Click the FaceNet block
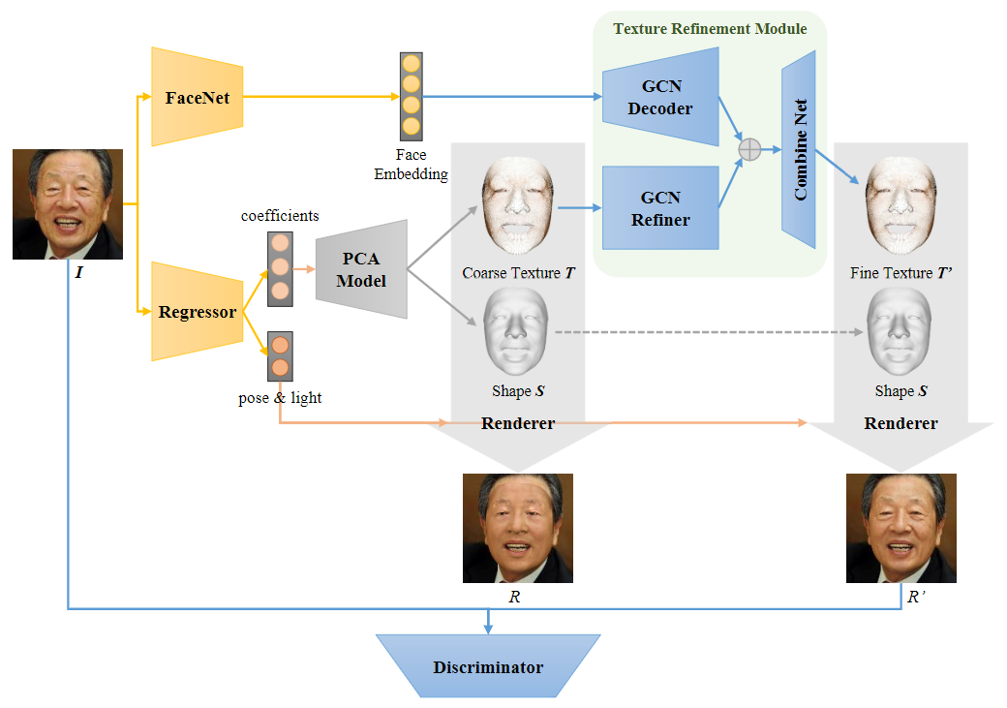tap(197, 97)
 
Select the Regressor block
tap(197, 312)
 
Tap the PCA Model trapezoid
tap(361, 269)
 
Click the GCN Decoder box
tap(660, 98)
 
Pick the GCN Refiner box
tap(660, 208)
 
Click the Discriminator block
tap(488, 666)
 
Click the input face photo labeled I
tap(68, 203)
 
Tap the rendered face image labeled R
tap(517, 528)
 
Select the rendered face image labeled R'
tap(900, 528)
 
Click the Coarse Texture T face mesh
tap(518, 208)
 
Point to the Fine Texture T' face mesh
tap(901, 208)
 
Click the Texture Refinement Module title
tap(710, 29)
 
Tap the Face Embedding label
tap(411, 165)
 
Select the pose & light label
tap(280, 398)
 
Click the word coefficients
tap(280, 215)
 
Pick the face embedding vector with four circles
tap(411, 95)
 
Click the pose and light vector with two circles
tap(280, 356)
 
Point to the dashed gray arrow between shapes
tap(707, 332)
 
